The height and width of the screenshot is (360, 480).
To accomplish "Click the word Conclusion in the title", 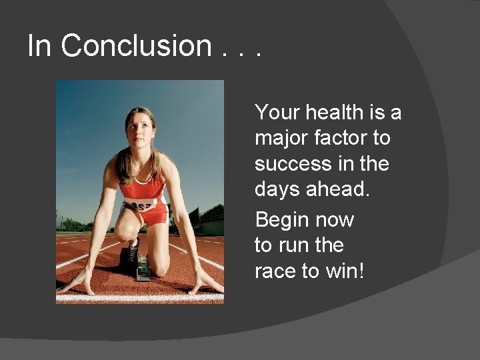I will click(x=136, y=46).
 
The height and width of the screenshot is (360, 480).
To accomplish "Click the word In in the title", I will click(x=39, y=46).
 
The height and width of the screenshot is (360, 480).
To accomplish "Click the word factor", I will click(x=346, y=139).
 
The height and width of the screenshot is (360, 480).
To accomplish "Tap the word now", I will click(x=335, y=219).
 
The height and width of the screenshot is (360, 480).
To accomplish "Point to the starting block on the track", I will click(x=143, y=271).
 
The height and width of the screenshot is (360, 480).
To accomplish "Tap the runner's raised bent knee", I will click(x=126, y=230).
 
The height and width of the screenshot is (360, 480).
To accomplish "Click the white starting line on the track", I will click(x=139, y=298).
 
